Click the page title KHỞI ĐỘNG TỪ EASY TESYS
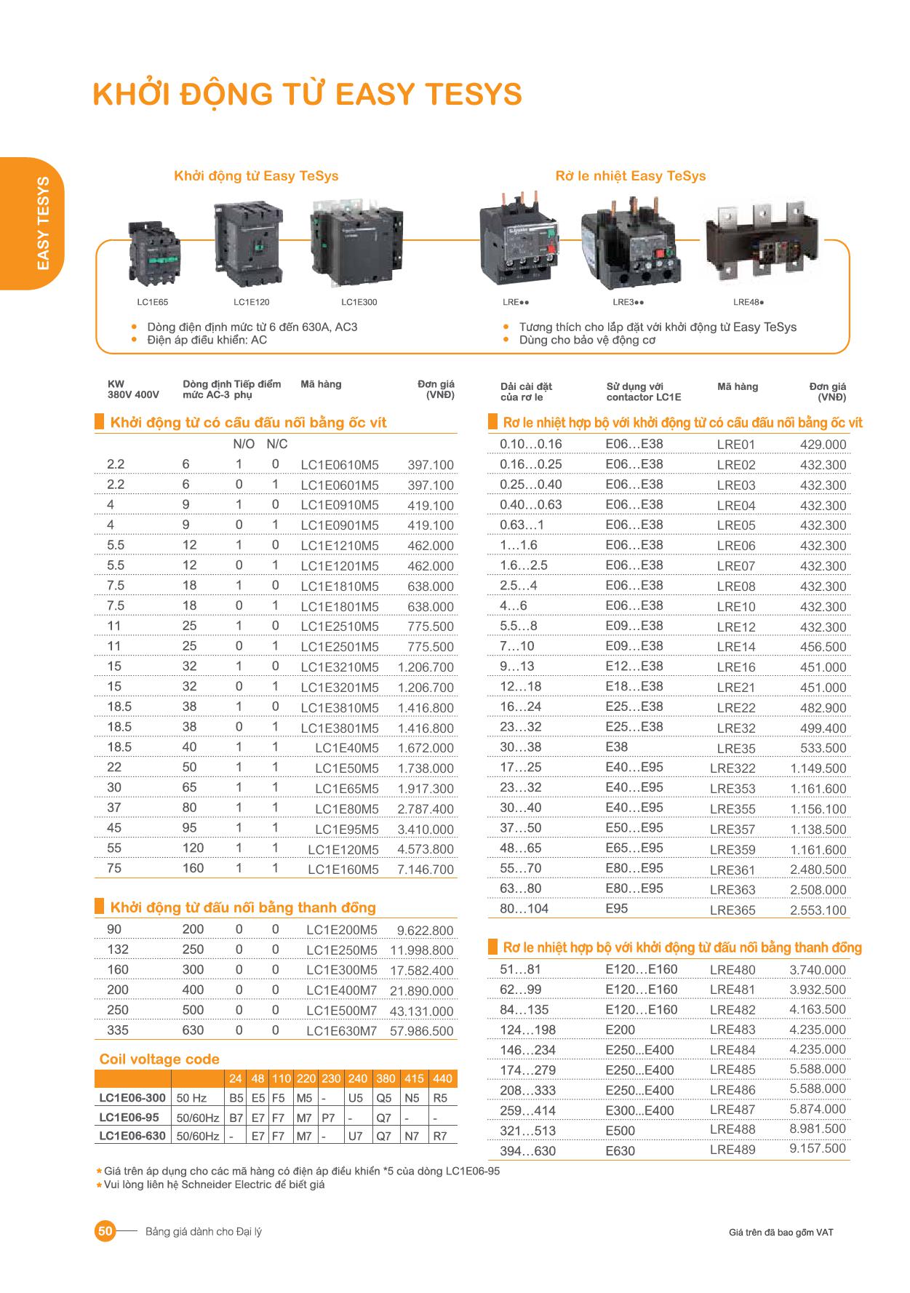(307, 95)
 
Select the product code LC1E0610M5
(339, 465)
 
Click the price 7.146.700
(425, 870)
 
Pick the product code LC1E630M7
(341, 1031)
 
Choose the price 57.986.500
(421, 1031)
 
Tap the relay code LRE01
(735, 445)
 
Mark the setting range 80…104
(524, 909)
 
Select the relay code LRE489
(732, 1150)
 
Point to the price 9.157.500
(818, 1149)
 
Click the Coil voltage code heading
(159, 1059)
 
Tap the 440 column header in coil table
(442, 1079)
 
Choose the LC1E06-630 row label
(132, 1136)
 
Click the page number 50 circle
(105, 1231)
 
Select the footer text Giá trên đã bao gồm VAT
(781, 1232)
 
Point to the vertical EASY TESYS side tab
(42, 223)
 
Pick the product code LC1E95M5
(346, 829)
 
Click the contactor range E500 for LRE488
(620, 1131)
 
